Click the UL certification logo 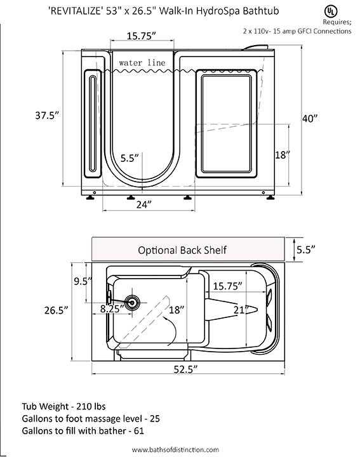pyautogui.click(x=331, y=11)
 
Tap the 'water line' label pyautogui.click(x=142, y=63)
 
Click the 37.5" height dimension pyautogui.click(x=47, y=116)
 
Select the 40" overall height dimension pyautogui.click(x=310, y=119)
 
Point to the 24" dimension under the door pyautogui.click(x=144, y=204)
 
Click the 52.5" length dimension pyautogui.click(x=185, y=369)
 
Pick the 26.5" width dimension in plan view pyautogui.click(x=57, y=310)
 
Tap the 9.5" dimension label pyautogui.click(x=83, y=281)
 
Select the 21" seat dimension pyautogui.click(x=241, y=310)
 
